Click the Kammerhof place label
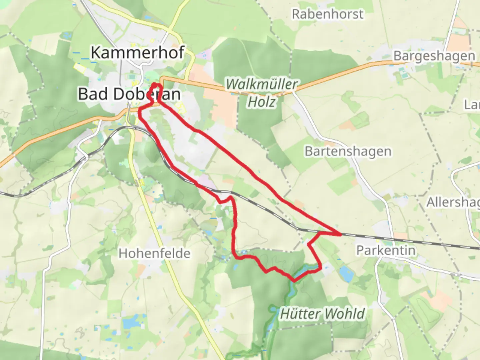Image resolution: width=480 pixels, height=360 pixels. (x=137, y=52)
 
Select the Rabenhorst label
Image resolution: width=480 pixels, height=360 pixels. (x=327, y=14)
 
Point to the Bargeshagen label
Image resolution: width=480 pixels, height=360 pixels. (x=434, y=56)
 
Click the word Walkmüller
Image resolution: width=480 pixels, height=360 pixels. (x=261, y=84)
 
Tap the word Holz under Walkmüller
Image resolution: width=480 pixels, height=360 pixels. (x=261, y=102)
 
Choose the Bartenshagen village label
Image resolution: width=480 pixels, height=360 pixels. (x=348, y=151)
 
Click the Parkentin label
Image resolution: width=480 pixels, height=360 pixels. (x=386, y=250)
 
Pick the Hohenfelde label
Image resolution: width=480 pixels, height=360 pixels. (x=154, y=253)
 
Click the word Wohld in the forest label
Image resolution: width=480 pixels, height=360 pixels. (x=345, y=314)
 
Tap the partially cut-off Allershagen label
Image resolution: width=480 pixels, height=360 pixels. (x=453, y=202)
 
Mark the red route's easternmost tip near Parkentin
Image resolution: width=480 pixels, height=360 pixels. (x=340, y=235)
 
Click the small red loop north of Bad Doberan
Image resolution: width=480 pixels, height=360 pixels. (x=156, y=88)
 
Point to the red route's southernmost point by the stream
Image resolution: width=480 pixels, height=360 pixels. (x=294, y=280)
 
